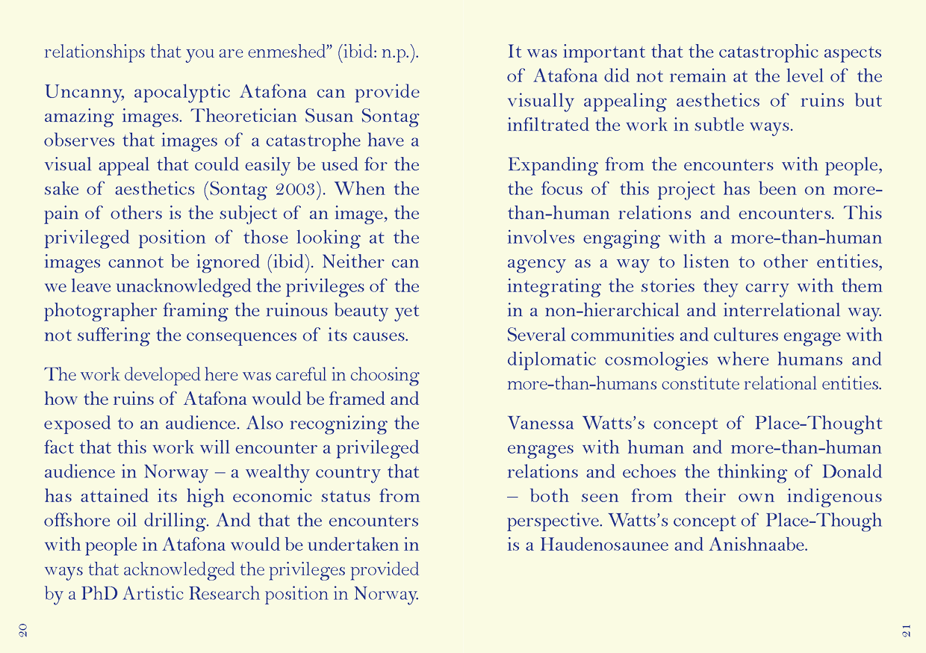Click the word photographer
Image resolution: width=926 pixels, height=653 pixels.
pyautogui.click(x=90, y=312)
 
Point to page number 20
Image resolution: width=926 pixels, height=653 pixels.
pyautogui.click(x=22, y=630)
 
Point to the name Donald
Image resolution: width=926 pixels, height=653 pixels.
pyautogui.click(x=852, y=473)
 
